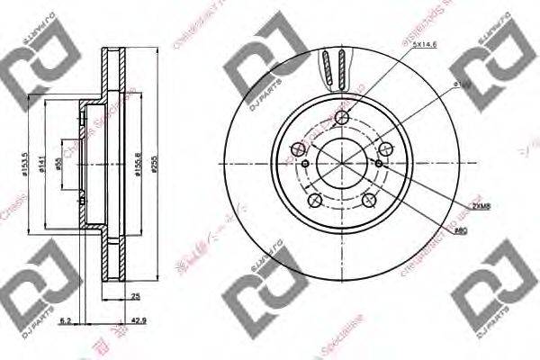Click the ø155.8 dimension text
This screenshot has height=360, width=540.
[138, 164]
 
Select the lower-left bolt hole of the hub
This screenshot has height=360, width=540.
[314, 200]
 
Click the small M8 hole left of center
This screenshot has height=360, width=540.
[306, 163]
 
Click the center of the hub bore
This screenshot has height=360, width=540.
[341, 163]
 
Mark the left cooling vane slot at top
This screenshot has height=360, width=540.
[328, 67]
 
